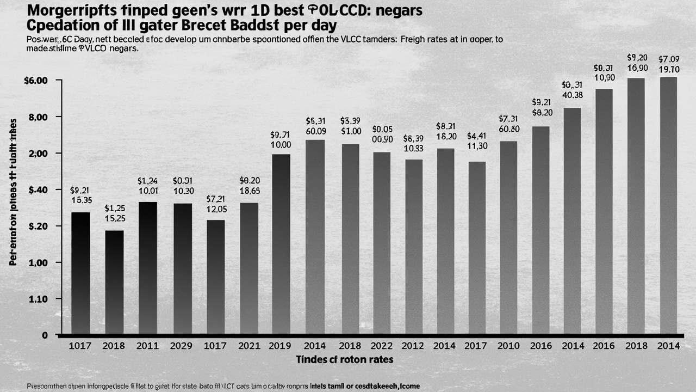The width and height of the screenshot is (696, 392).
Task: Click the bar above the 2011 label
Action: coord(148,267)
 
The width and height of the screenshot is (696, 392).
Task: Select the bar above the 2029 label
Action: coord(182,268)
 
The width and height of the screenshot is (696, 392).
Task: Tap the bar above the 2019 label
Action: coord(281,243)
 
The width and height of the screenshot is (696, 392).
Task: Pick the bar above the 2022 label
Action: coord(382,242)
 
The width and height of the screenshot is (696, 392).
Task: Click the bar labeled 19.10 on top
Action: coord(668,205)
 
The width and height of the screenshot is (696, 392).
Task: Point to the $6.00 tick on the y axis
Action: coord(36,81)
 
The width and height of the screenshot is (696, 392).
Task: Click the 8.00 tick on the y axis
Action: coord(37,117)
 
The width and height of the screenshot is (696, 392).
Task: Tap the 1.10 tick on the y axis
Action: coord(37,299)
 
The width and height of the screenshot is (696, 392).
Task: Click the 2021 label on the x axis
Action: coord(249,345)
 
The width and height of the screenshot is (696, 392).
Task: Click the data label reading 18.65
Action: coord(250,191)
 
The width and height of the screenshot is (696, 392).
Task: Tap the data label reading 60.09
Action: coord(316,131)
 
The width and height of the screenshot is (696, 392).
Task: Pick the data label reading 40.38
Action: coord(572,95)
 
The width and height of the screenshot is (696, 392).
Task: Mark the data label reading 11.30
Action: coord(477,146)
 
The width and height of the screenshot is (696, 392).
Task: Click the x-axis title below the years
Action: coord(344,360)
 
